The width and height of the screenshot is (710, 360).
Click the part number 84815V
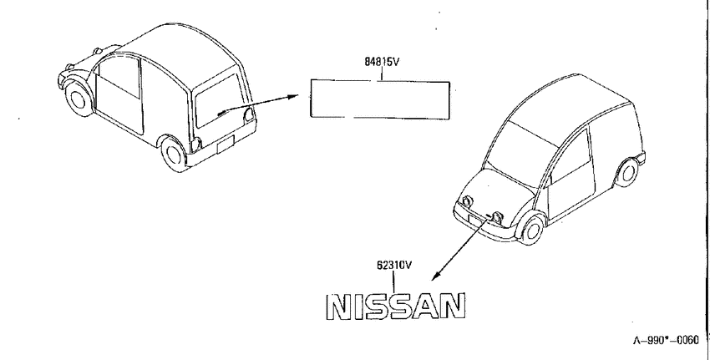(382, 62)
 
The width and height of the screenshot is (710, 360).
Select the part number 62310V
(394, 265)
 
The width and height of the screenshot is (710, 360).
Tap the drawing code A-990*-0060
(666, 340)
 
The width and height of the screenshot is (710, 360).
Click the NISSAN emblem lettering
(396, 307)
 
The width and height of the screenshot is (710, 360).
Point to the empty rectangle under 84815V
(380, 81)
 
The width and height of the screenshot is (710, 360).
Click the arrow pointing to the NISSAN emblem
(459, 248)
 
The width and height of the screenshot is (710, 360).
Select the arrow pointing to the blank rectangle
(259, 104)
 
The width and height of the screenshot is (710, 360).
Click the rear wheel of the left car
(174, 154)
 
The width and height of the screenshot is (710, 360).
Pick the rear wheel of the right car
(627, 172)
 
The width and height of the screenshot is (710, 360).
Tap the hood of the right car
(494, 190)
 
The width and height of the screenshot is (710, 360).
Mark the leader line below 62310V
(393, 281)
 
